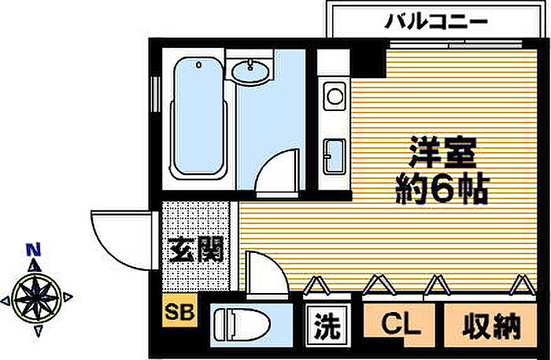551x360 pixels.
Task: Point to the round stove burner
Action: pos(334,97)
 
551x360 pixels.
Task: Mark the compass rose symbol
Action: pos(35,298)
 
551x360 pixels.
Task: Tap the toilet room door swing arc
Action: pos(264,273)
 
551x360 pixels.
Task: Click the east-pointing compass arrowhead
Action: pos(68,298)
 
